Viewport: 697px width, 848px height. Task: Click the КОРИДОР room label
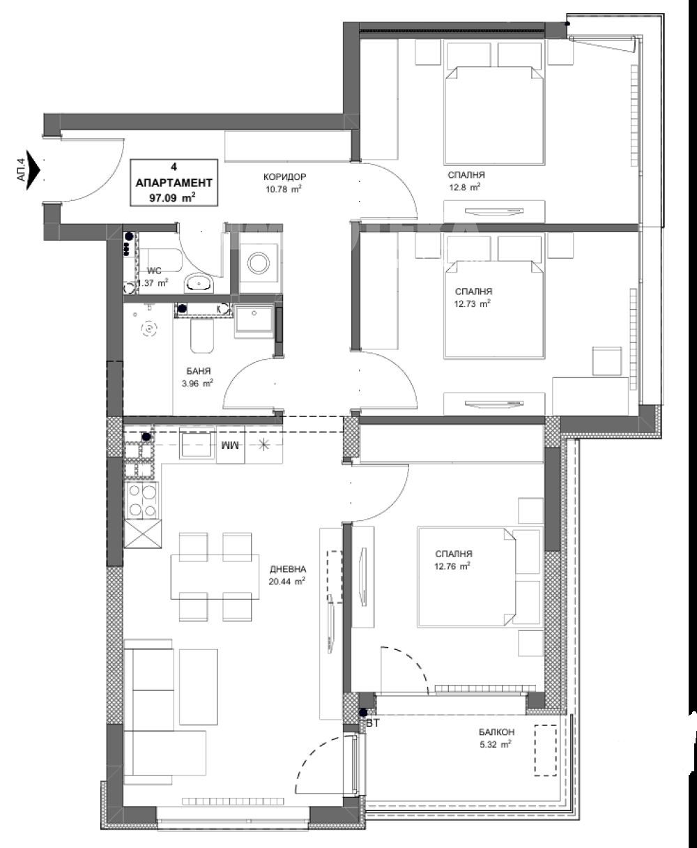tap(284, 176)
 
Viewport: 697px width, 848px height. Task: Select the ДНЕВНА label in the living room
tap(288, 569)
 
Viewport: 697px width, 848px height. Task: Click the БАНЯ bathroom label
tap(199, 371)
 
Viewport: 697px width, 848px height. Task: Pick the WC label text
tap(154, 271)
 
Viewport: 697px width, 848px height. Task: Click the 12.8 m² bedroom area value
tap(464, 187)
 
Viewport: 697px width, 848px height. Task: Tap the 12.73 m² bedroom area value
tap(472, 304)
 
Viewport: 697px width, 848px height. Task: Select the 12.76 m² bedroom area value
tap(452, 566)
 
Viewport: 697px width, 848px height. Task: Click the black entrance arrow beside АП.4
tap(33, 169)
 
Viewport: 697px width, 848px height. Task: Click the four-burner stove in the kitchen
tap(142, 500)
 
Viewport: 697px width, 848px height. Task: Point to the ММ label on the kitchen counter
tap(230, 446)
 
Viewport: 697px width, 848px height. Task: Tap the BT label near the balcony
tap(373, 723)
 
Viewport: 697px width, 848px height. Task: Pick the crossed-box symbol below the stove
tap(143, 533)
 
